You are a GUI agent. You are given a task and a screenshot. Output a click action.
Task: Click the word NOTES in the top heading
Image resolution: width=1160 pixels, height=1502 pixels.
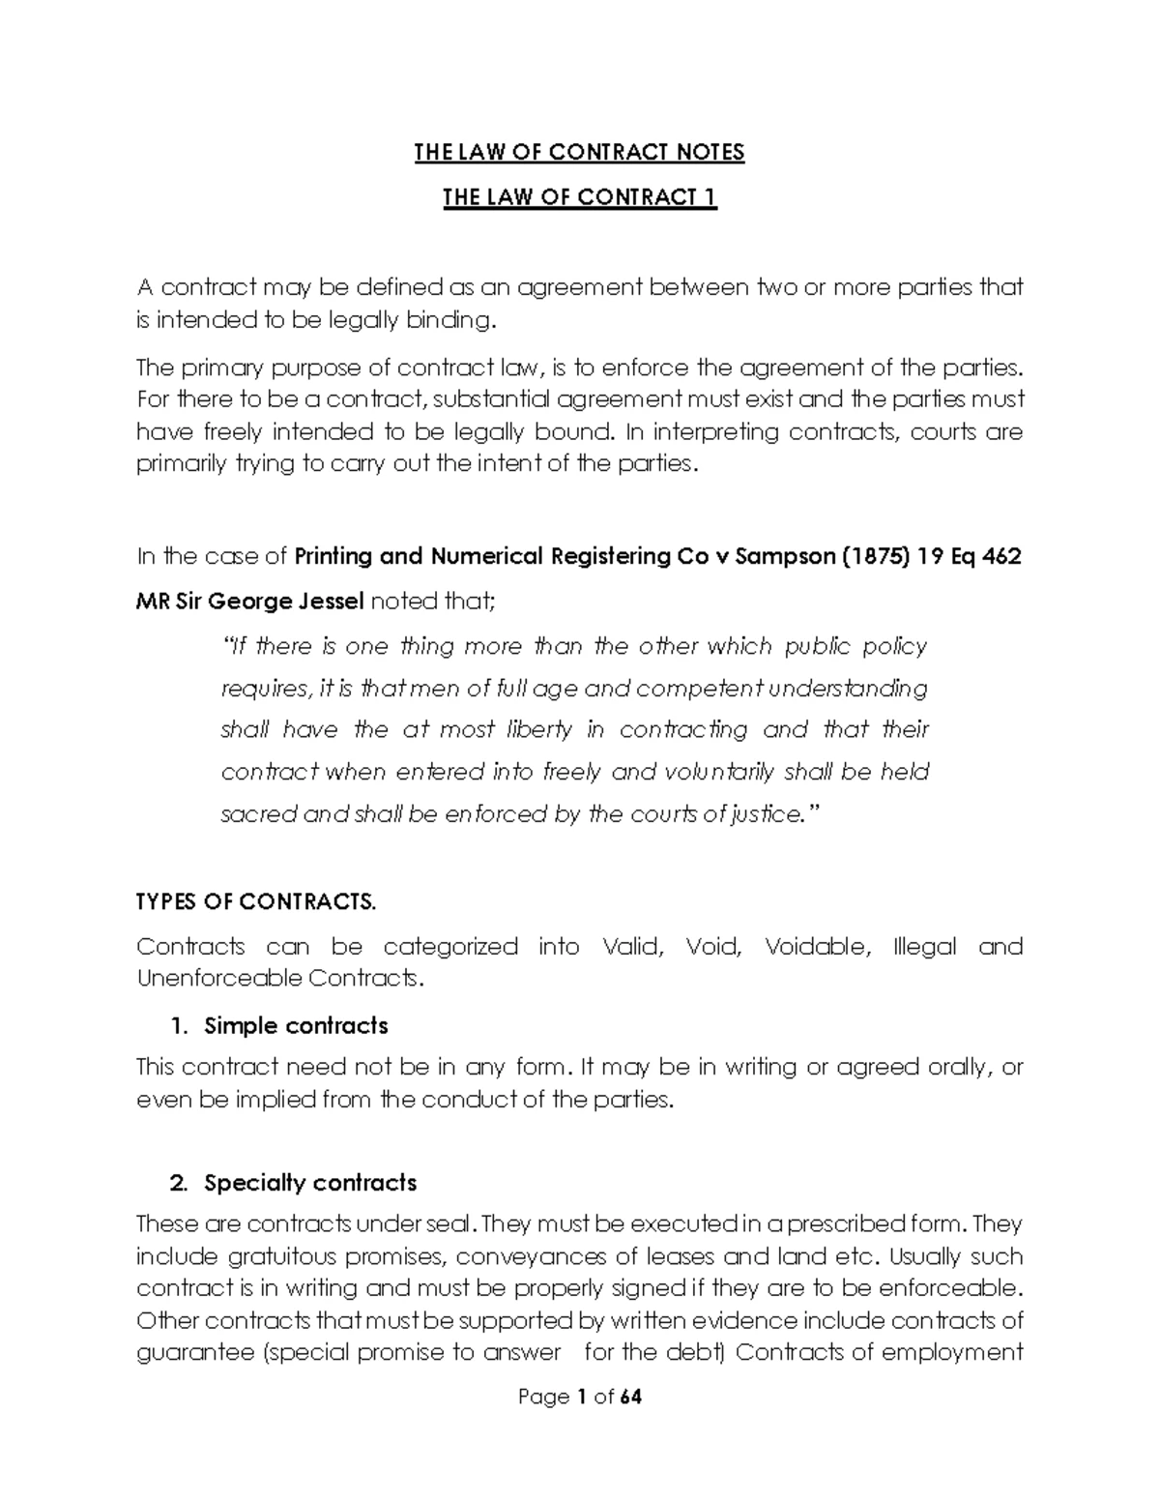710,152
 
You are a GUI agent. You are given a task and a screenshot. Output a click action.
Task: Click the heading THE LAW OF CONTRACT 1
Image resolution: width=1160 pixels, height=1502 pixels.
579,197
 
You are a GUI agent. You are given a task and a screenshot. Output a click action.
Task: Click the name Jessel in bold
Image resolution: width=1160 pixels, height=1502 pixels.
323,602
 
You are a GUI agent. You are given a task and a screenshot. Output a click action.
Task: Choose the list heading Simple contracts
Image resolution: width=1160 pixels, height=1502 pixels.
296,1025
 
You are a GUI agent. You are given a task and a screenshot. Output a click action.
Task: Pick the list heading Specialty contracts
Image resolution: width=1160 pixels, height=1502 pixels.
310,1183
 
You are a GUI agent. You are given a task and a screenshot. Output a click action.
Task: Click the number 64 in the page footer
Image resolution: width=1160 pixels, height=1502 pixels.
631,1397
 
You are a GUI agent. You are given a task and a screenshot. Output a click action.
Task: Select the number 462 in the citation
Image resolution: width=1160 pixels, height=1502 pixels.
1001,557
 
